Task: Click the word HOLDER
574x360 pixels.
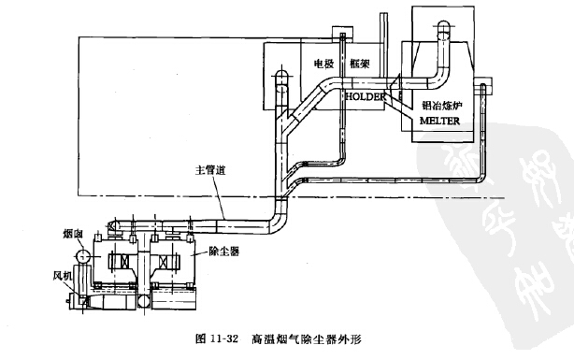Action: [364, 95]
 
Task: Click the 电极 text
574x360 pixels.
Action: [323, 66]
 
